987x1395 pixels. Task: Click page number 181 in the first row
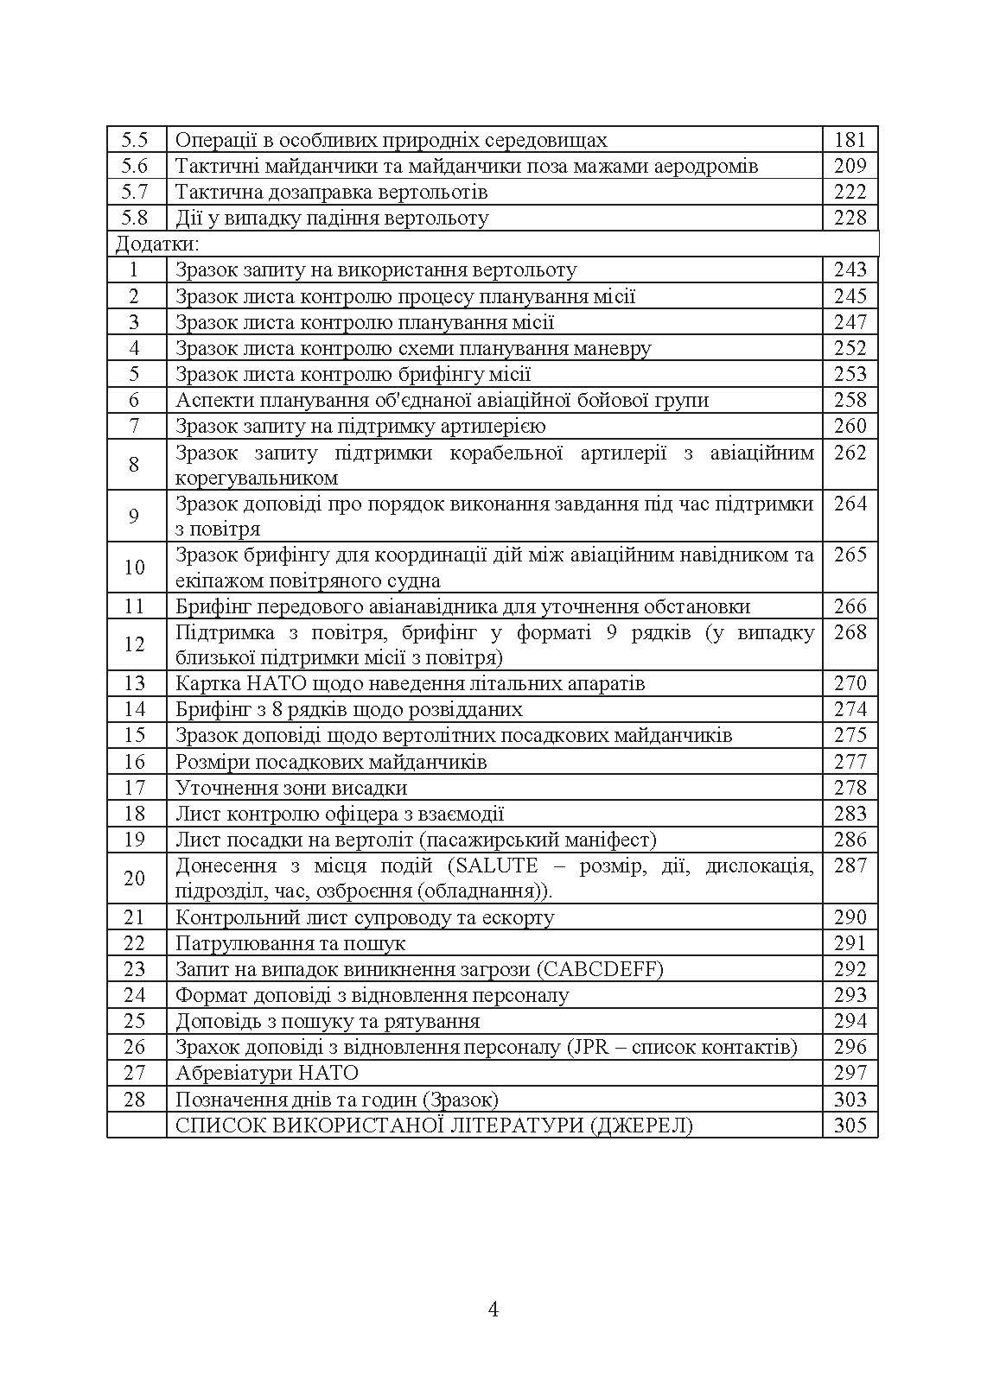(850, 140)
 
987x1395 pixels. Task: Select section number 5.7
(135, 192)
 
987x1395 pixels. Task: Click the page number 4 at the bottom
(493, 1309)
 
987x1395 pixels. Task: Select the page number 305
(850, 1126)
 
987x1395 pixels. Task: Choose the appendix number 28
(135, 1100)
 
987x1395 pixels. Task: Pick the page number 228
(850, 218)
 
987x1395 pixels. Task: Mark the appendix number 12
(135, 644)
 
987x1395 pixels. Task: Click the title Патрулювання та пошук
(290, 943)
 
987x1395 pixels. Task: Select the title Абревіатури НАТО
(266, 1073)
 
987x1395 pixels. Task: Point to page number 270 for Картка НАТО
(850, 683)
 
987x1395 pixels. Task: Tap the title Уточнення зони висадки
(291, 788)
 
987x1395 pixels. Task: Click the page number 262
(850, 452)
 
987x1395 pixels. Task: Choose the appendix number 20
(135, 878)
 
